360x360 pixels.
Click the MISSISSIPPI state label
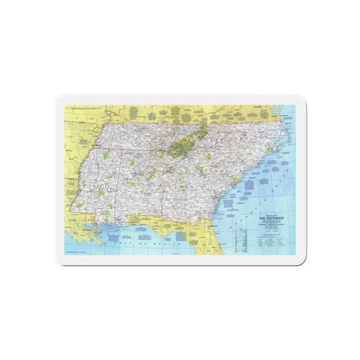point(98,182)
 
